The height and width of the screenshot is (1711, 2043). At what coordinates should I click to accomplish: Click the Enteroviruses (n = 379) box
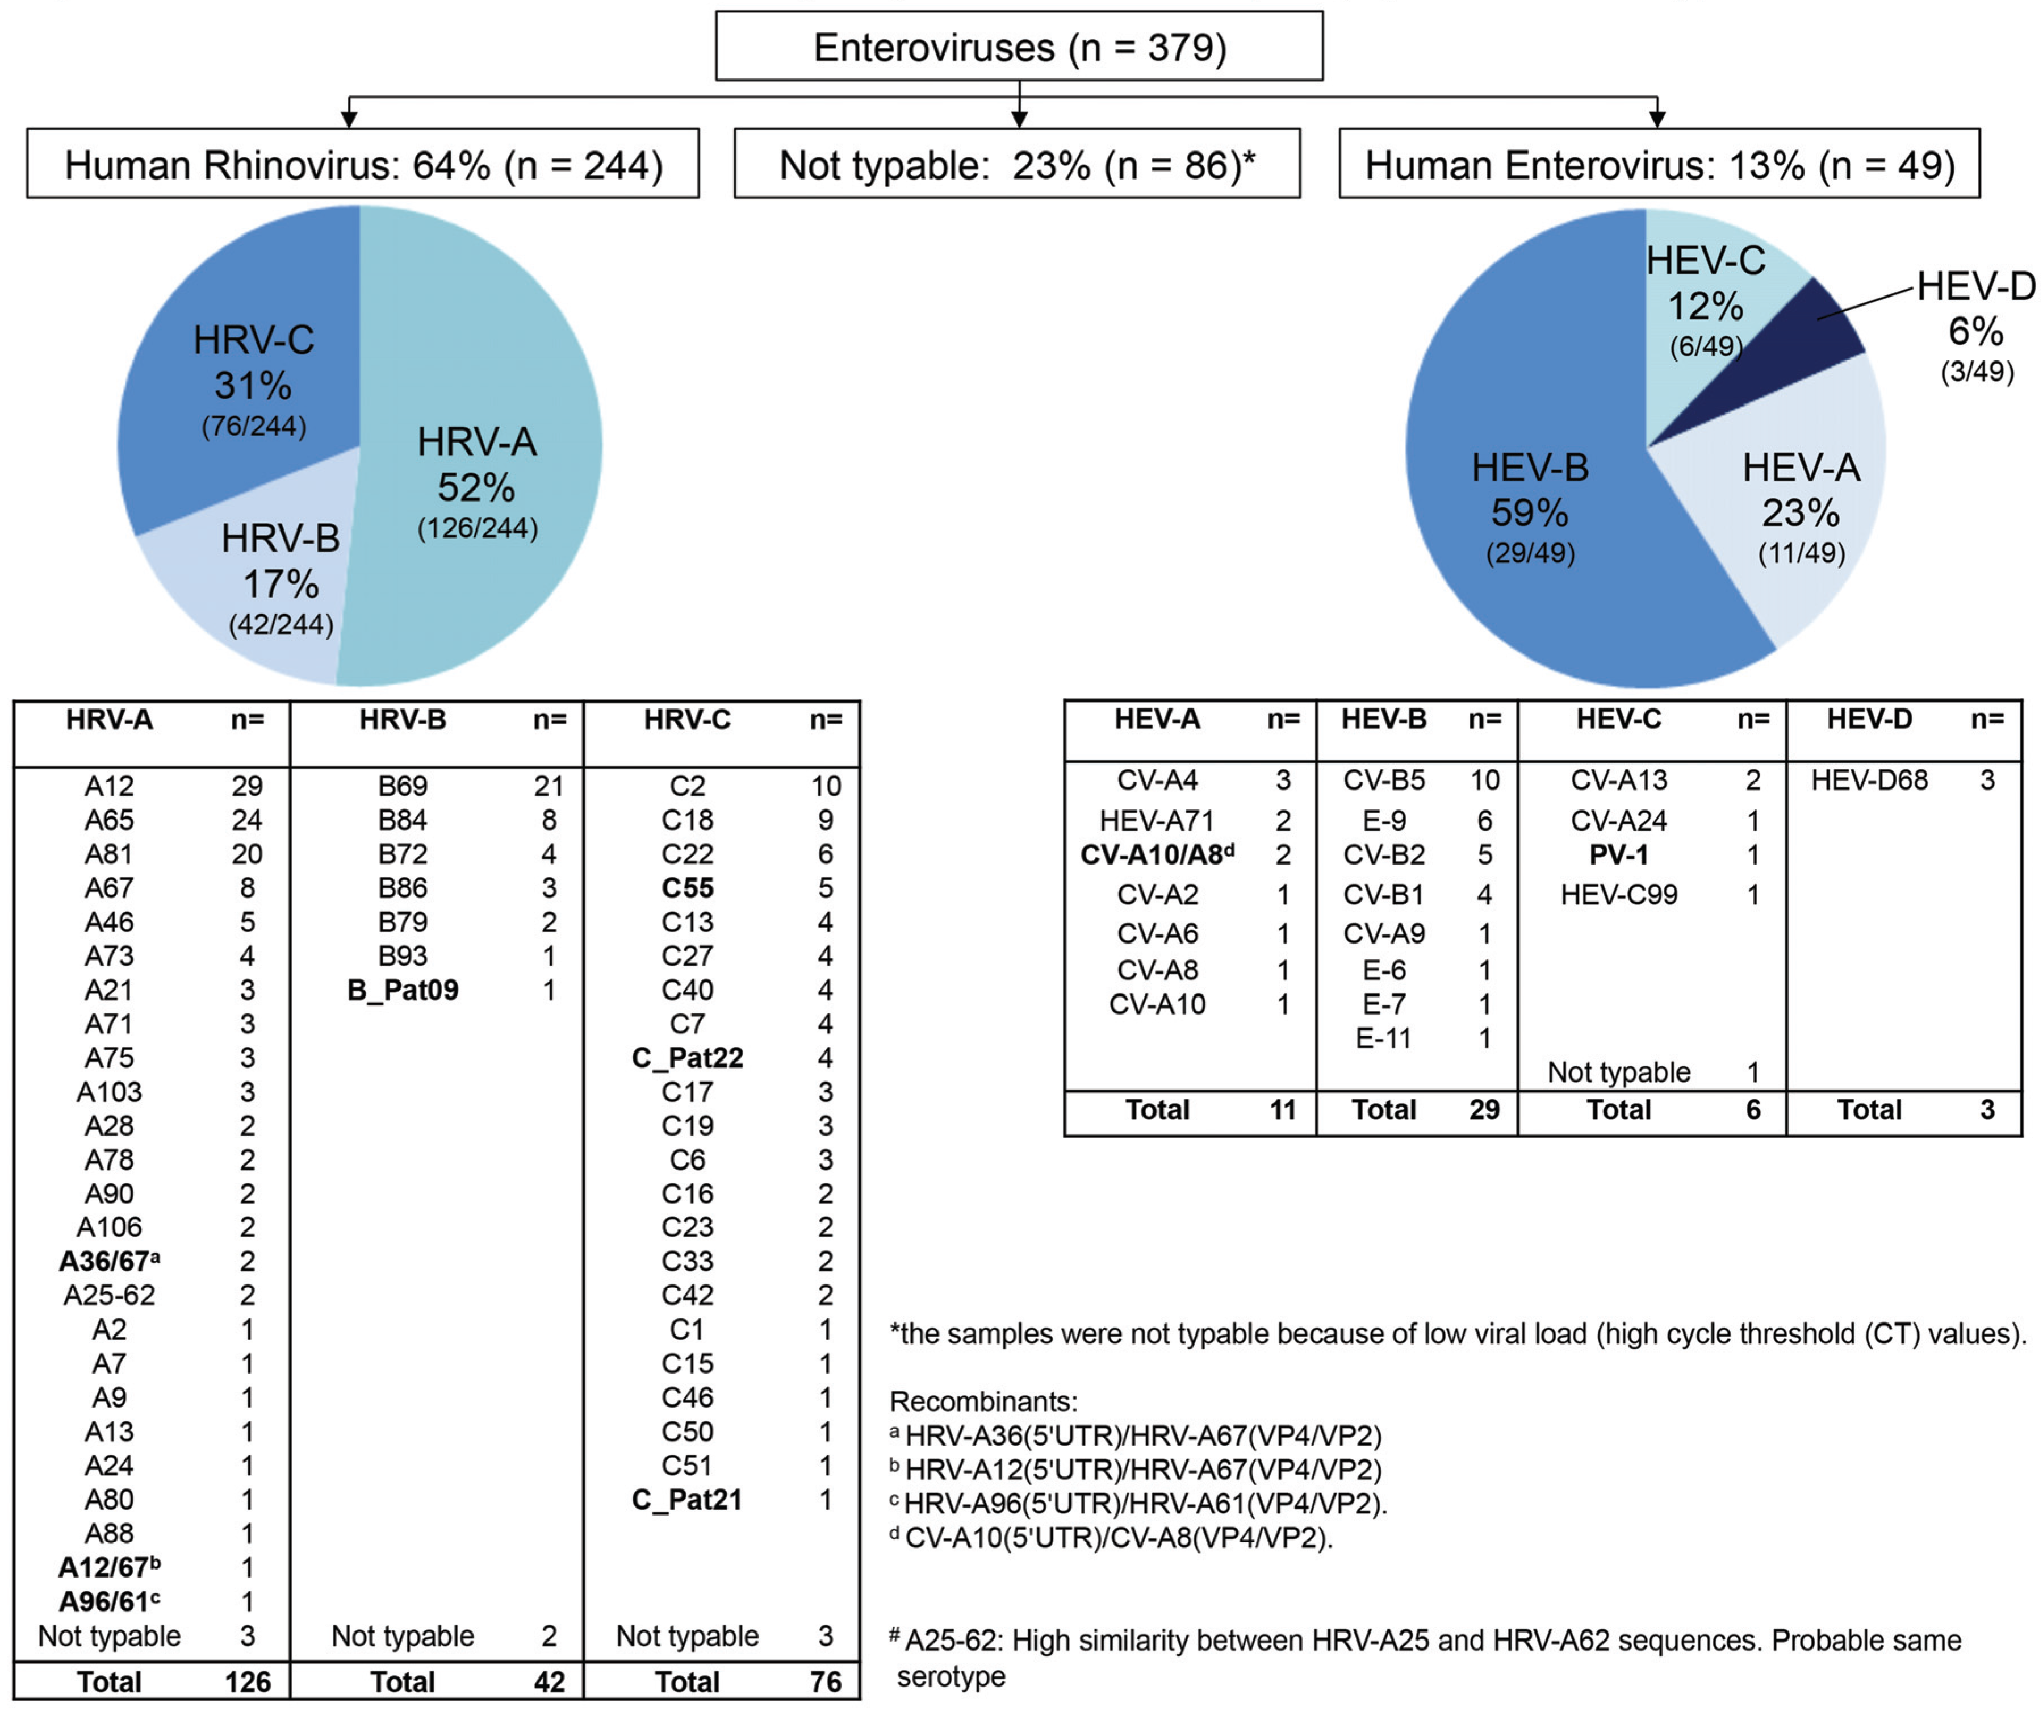pyautogui.click(x=1019, y=47)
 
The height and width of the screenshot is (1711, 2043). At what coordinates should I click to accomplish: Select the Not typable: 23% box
pyautogui.click(x=1016, y=165)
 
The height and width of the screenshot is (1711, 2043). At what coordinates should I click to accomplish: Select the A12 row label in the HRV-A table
pyautogui.click(x=109, y=786)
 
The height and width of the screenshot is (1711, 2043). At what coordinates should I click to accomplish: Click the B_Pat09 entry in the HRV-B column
pyautogui.click(x=403, y=990)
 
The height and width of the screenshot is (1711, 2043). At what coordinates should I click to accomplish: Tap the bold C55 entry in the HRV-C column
pyautogui.click(x=687, y=888)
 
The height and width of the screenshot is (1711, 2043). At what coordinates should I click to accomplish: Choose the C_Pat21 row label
pyautogui.click(x=687, y=1500)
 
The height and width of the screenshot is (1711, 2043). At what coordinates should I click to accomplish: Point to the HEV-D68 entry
pyautogui.click(x=1869, y=779)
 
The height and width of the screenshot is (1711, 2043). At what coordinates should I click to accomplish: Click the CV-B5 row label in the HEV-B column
pyautogui.click(x=1383, y=779)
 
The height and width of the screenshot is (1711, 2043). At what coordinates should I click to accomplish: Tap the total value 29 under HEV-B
pyautogui.click(x=1484, y=1109)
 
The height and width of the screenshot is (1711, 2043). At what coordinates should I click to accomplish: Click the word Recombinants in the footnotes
pyautogui.click(x=982, y=1401)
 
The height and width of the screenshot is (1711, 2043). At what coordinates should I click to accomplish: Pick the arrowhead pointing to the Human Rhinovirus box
pyautogui.click(x=349, y=119)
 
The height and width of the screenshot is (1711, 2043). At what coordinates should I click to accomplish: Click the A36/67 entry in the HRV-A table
pyautogui.click(x=109, y=1261)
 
